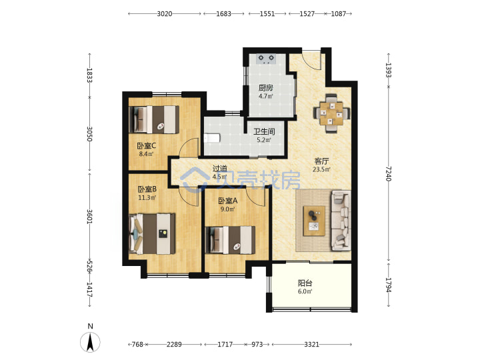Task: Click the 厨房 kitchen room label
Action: pos(265,88)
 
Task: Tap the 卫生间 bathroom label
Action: pos(264,132)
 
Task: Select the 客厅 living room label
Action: pos(321,161)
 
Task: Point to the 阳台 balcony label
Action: pos(305,283)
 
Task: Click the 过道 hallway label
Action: pos(220,169)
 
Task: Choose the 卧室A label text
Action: pos(227,201)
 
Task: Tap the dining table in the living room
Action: pos(331,113)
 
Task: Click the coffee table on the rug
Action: pos(314,221)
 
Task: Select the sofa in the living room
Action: pos(341,220)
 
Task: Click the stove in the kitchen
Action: pos(266,59)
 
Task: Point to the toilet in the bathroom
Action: pos(212,138)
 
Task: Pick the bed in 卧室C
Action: pos(154,119)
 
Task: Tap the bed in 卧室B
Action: pos(152,234)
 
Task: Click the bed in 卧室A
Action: pos(231,240)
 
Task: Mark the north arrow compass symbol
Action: pos(90,342)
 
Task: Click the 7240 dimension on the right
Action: pos(389,173)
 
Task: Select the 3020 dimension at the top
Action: pos(165,14)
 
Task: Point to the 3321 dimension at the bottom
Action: pos(311,345)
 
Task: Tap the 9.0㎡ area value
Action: pos(227,209)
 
